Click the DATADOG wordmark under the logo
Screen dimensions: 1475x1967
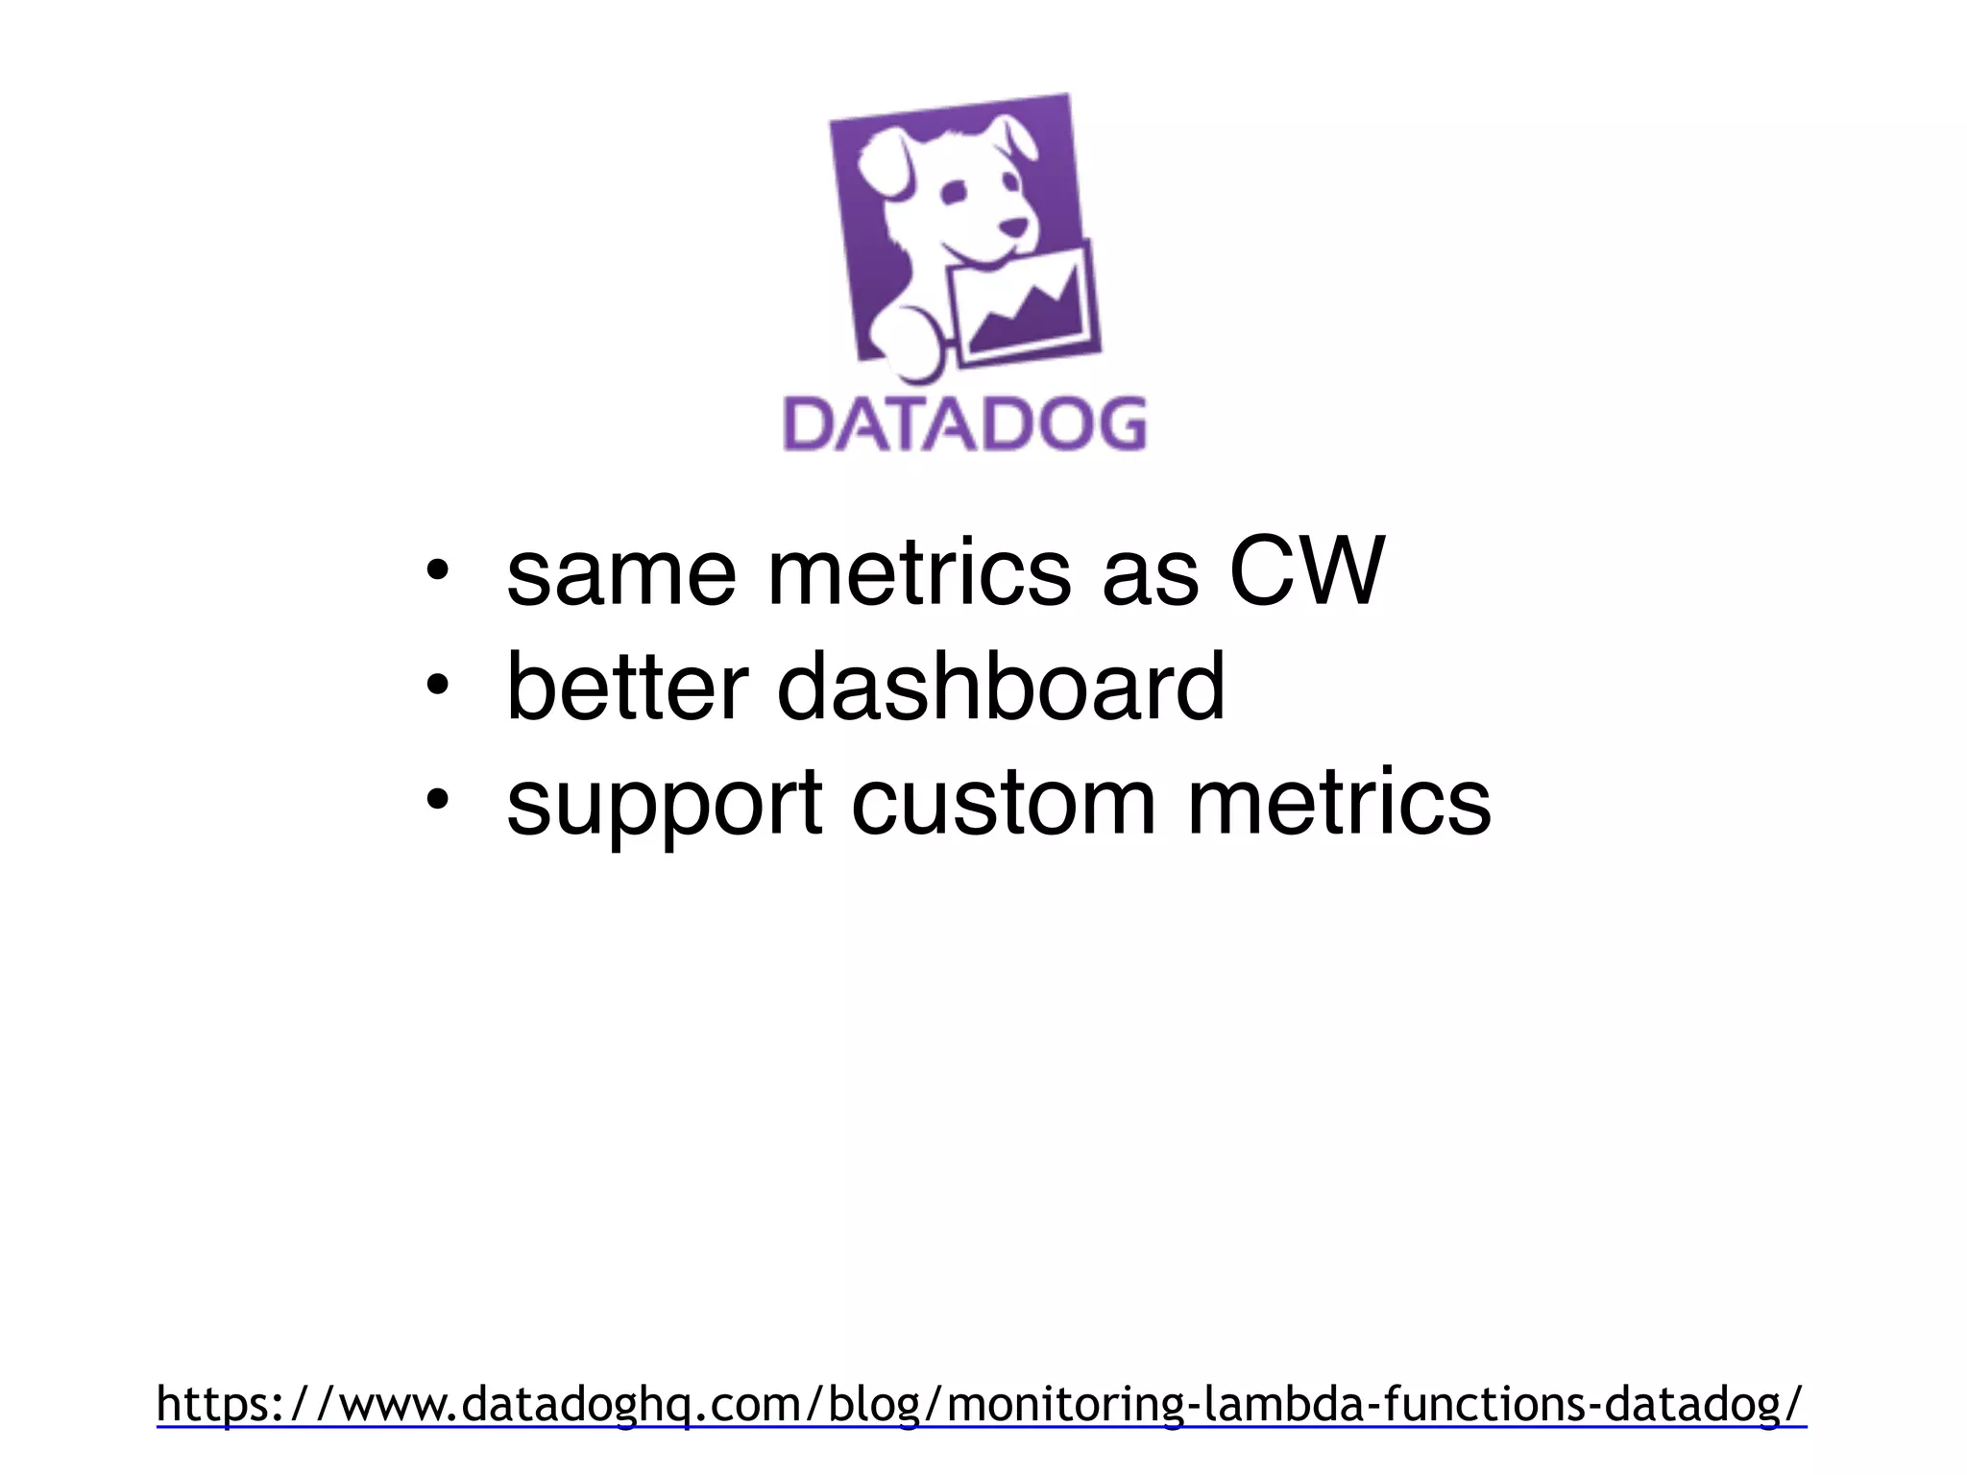point(964,423)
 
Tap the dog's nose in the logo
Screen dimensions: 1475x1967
point(1013,228)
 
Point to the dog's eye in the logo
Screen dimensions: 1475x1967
point(954,192)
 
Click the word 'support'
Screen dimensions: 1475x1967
point(664,805)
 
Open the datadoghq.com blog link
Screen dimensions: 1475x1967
point(981,1404)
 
